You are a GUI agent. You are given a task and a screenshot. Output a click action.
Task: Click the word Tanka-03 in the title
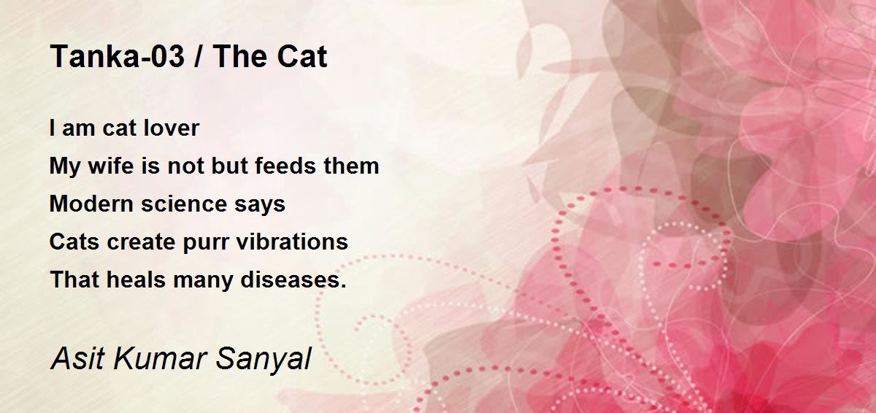click(x=118, y=57)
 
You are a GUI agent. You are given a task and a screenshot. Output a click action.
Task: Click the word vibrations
click(x=292, y=242)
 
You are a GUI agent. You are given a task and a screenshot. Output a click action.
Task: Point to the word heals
click(x=136, y=279)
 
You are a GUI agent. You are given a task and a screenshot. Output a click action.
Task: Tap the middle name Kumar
click(x=160, y=358)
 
